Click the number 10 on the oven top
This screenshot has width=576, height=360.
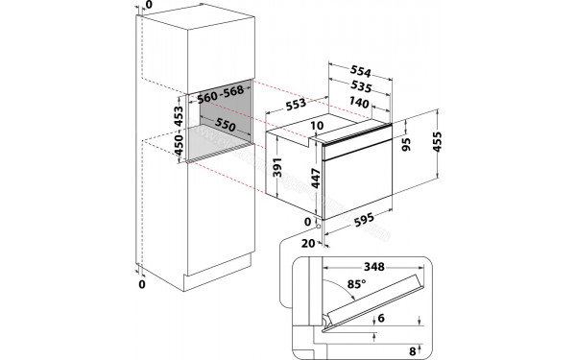pos(317,127)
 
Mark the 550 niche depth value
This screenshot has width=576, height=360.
pos(224,126)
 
